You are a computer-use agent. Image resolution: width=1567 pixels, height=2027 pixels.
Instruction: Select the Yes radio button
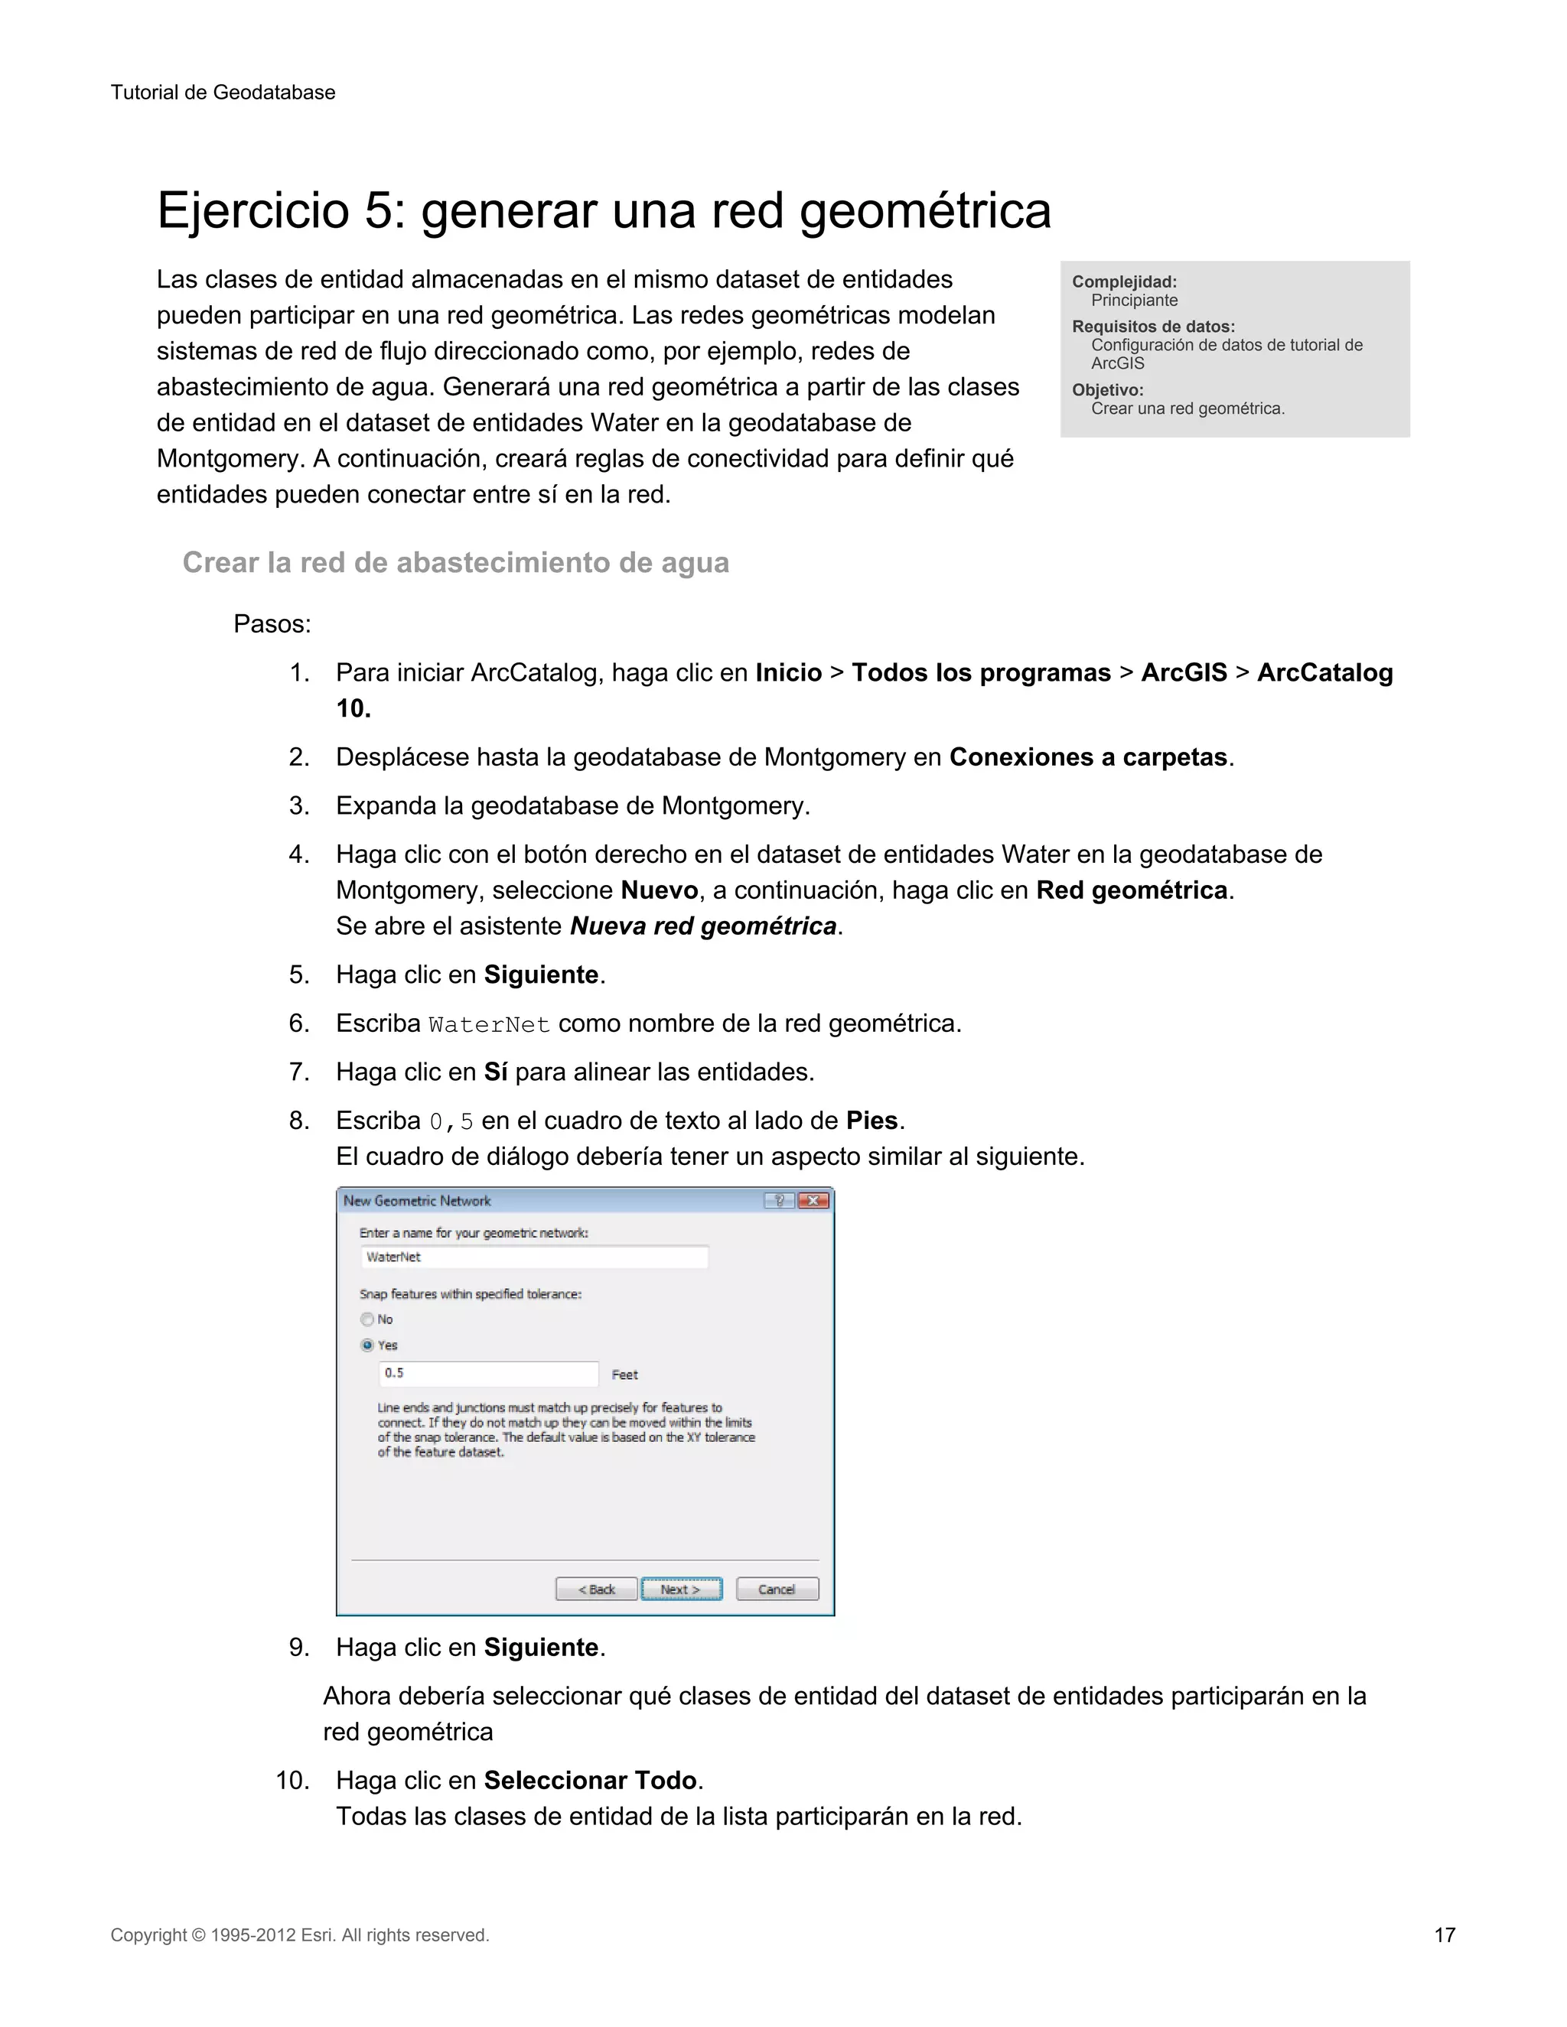tap(367, 1345)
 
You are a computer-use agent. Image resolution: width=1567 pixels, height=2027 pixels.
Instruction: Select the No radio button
tap(367, 1319)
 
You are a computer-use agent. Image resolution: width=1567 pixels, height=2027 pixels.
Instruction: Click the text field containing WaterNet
tap(534, 1257)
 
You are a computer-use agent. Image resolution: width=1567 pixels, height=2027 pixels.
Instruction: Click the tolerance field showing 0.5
tap(488, 1373)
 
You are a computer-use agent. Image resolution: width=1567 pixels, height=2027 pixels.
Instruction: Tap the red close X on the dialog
tap(813, 1200)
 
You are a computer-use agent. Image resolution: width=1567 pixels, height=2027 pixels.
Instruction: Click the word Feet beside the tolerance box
tap(625, 1375)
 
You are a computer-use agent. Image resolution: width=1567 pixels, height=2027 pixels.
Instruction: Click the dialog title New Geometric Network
tap(417, 1200)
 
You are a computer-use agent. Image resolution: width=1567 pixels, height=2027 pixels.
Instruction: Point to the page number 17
tap(1445, 1935)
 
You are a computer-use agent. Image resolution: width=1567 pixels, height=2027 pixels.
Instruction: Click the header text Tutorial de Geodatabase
tap(223, 92)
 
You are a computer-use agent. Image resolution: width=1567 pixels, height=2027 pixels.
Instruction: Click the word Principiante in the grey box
tap(1135, 300)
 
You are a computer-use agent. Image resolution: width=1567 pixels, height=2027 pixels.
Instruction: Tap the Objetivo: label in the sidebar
tap(1107, 390)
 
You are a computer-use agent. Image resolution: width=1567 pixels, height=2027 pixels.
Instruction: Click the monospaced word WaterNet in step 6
tap(488, 1025)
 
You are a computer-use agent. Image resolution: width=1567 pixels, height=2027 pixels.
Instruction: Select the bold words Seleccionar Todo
tap(591, 1780)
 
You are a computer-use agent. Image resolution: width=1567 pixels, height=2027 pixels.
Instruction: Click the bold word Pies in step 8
tap(871, 1121)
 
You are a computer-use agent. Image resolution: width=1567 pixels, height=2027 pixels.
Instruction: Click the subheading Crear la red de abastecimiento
tap(455, 562)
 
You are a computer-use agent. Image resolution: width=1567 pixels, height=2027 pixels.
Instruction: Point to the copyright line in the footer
tap(300, 1935)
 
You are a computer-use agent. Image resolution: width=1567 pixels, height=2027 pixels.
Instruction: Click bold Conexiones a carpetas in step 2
tap(1088, 756)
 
